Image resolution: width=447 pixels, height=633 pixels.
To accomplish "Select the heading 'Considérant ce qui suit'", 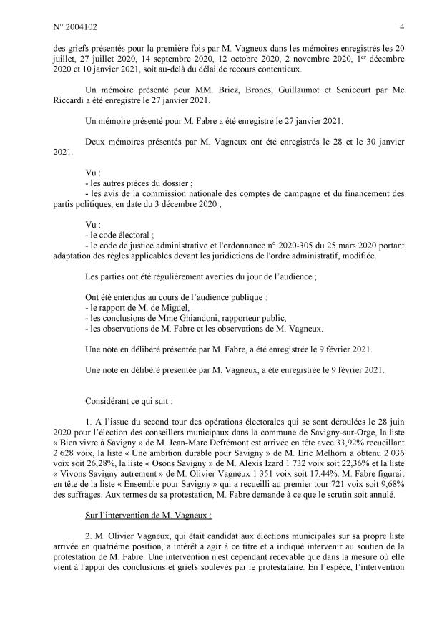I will tap(127, 396).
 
